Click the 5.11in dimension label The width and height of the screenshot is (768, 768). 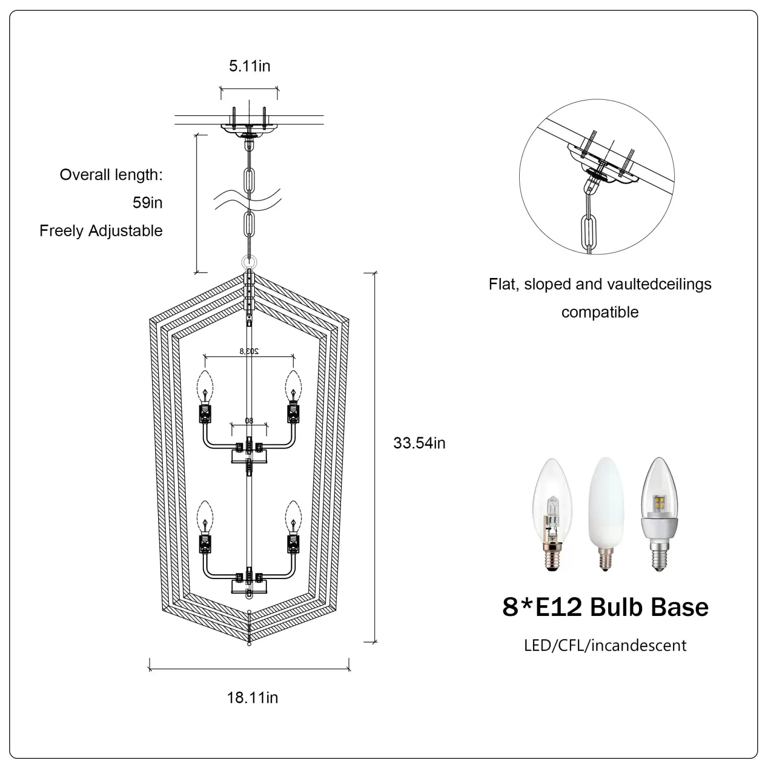(x=249, y=66)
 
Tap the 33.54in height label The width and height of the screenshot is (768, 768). (x=419, y=443)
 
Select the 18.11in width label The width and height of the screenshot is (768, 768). (x=252, y=697)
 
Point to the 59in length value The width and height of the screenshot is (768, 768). (x=147, y=203)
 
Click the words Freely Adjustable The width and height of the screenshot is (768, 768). (x=101, y=231)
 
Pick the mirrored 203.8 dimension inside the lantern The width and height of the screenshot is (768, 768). (x=249, y=351)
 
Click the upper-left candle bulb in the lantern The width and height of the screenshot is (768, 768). (x=205, y=387)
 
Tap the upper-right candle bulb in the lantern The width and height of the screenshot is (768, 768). (x=293, y=387)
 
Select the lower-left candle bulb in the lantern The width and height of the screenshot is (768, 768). (x=205, y=517)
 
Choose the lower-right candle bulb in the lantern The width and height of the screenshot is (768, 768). (x=293, y=517)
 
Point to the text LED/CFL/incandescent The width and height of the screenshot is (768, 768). (x=605, y=646)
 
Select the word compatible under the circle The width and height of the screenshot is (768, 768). (x=600, y=312)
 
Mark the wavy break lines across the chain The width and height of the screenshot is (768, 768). (x=248, y=199)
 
